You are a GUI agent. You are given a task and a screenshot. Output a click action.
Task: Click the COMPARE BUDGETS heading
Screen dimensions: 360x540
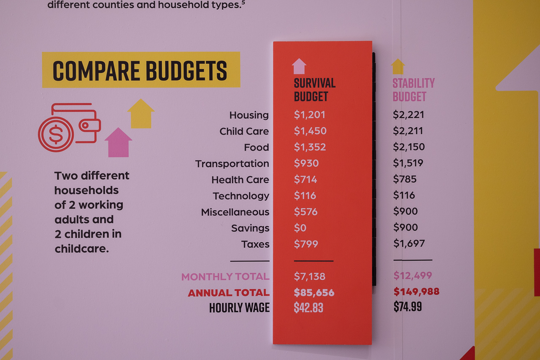pos(140,70)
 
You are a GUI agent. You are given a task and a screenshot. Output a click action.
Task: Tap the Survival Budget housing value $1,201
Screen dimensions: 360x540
pos(309,115)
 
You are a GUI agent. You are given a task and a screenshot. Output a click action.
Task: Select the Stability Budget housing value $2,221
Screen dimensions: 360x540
pos(408,115)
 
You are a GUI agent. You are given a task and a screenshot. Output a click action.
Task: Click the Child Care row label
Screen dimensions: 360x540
pos(244,131)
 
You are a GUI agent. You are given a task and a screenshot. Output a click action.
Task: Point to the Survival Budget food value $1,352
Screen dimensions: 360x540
pos(310,147)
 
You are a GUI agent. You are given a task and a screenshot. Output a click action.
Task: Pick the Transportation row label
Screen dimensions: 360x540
pos(232,164)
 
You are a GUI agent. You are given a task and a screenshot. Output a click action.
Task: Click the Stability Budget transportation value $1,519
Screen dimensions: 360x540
pos(408,163)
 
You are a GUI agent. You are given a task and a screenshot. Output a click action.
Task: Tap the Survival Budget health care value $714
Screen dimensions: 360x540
pos(305,180)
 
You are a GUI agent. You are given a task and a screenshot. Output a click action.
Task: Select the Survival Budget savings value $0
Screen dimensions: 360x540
pos(300,228)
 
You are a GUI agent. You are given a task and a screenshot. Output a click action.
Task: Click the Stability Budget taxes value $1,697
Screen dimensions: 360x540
pos(409,244)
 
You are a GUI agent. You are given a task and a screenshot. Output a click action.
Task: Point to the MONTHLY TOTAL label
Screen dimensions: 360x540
pos(225,277)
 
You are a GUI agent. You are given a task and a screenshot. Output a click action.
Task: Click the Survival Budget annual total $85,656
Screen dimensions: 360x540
pos(314,292)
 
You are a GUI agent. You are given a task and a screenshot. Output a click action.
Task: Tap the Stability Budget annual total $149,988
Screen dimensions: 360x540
pos(416,292)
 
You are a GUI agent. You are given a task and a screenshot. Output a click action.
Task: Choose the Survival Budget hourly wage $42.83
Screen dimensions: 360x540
pos(308,308)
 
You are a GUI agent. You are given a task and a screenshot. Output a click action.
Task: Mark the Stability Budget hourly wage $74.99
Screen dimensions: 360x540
pos(407,307)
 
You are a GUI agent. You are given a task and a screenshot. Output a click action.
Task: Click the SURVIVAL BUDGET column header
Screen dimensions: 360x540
pos(314,89)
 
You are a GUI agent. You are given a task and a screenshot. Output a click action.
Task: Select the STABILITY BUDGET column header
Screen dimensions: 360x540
pos(413,89)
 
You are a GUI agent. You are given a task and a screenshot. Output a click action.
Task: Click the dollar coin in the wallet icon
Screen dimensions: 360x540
pos(56,135)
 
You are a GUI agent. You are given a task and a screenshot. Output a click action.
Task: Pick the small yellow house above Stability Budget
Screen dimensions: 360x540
pos(397,67)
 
